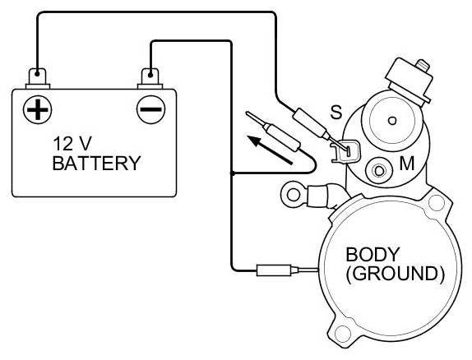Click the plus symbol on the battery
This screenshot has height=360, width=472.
pyautogui.click(x=37, y=109)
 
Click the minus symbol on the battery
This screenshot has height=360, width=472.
pyautogui.click(x=150, y=109)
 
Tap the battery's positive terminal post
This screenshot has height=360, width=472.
pyautogui.click(x=37, y=77)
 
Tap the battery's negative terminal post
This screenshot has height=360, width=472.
pyautogui.click(x=150, y=77)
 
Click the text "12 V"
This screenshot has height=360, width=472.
pyautogui.click(x=72, y=143)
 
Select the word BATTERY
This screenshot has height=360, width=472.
pyautogui.click(x=97, y=163)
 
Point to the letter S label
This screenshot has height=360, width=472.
pyautogui.click(x=336, y=112)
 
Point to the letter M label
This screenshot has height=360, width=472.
pyautogui.click(x=407, y=164)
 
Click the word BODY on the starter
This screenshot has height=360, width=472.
pyautogui.click(x=373, y=254)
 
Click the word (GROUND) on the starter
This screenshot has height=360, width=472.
pyautogui.click(x=395, y=274)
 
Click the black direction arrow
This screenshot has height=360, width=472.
pyautogui.click(x=270, y=150)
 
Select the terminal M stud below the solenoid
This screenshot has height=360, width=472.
pyautogui.click(x=379, y=171)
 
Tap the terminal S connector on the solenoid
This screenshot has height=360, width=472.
pyautogui.click(x=345, y=150)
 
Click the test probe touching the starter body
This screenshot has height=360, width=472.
pyautogui.click(x=287, y=270)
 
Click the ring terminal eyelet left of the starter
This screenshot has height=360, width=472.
pyautogui.click(x=294, y=195)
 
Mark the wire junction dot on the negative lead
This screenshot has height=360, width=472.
pyautogui.click(x=232, y=173)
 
